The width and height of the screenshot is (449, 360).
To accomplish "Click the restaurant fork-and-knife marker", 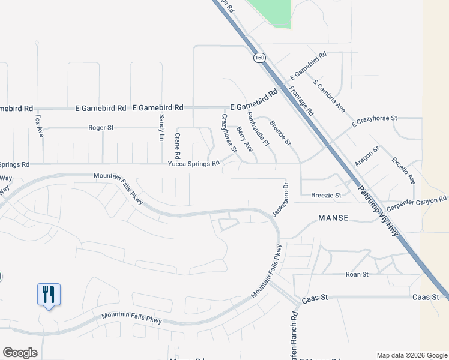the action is pos(49,295).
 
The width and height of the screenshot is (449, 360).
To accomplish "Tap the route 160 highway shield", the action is pos(259,58).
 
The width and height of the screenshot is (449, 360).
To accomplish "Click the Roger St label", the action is pos(101,128).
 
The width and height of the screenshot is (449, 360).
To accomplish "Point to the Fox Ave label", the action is pos(40,125).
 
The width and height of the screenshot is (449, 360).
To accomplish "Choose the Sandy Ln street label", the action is pos(161,127).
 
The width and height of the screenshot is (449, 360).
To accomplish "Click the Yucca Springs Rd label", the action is pos(193,164).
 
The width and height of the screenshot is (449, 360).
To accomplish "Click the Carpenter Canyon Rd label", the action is pos(417,202).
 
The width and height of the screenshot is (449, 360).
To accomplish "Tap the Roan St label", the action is pos(357,274).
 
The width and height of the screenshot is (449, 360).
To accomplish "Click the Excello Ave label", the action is pos(403,170).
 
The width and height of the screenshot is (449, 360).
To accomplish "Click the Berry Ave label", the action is pos(244,139).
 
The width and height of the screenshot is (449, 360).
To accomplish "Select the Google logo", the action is pos(20,353).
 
